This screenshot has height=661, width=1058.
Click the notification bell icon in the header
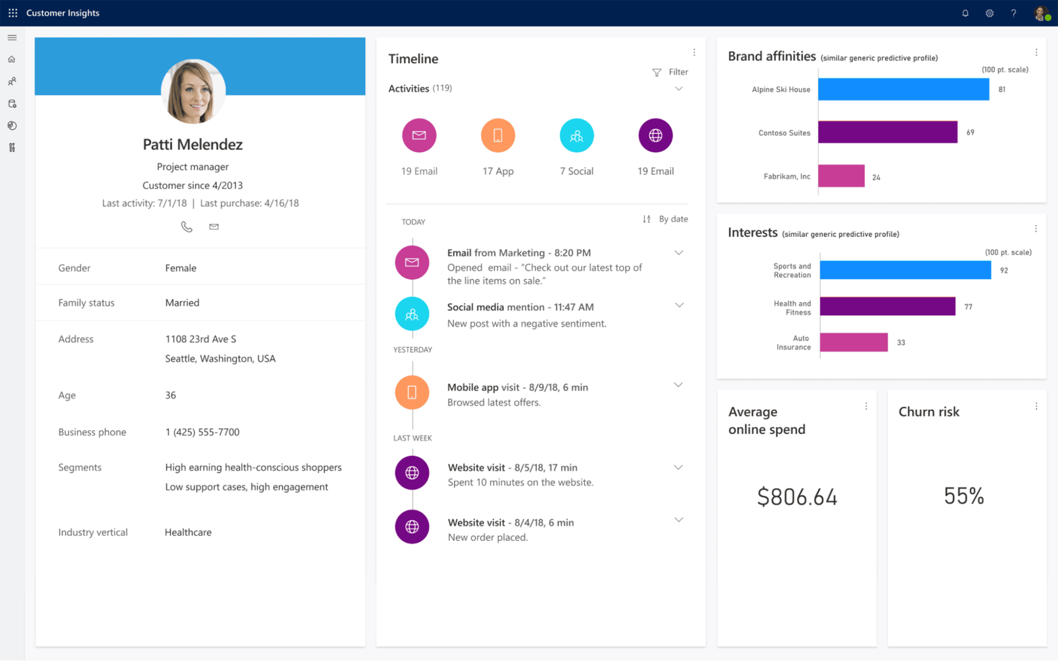(965, 13)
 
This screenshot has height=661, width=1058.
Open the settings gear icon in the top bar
(989, 13)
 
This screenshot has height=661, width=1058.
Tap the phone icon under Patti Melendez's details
(186, 227)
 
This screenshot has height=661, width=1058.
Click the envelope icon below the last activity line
(214, 227)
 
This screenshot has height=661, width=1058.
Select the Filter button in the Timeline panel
(670, 72)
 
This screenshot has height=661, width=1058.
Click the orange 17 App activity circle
(498, 135)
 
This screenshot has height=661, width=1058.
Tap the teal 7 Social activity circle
(576, 135)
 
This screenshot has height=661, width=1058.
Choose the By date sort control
(665, 219)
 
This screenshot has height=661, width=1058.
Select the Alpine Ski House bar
(903, 89)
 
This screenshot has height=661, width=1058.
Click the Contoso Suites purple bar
(887, 132)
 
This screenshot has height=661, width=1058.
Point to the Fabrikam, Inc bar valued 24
(841, 176)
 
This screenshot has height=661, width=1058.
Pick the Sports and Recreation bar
(905, 270)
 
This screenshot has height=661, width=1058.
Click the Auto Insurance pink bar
(854, 342)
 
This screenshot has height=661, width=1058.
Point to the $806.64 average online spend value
(797, 497)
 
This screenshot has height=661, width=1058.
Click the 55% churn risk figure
(964, 496)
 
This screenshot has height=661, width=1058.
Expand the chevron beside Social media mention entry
(679, 305)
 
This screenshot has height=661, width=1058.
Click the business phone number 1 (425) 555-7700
(202, 432)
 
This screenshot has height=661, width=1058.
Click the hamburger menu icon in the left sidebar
(12, 38)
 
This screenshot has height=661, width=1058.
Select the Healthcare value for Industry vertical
(188, 532)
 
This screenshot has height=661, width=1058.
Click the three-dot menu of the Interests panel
(1036, 228)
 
